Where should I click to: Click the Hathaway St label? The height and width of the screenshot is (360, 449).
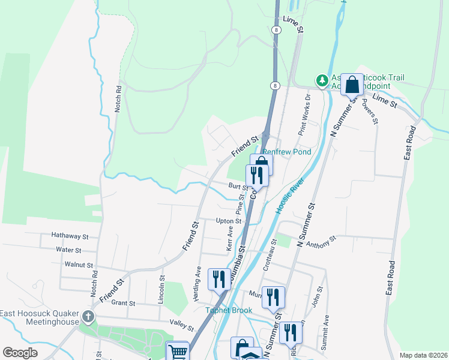(70, 236)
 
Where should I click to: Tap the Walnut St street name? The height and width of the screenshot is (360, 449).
(79, 265)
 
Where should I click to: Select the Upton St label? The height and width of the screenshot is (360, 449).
(228, 221)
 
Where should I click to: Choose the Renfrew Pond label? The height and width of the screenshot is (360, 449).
(287, 152)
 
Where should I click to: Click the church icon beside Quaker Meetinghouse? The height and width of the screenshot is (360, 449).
(89, 316)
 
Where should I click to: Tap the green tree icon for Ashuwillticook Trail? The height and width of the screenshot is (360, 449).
(322, 79)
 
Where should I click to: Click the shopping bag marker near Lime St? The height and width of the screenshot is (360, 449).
(352, 85)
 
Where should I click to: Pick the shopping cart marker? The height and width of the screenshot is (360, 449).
(177, 352)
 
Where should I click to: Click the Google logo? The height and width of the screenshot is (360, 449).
(20, 353)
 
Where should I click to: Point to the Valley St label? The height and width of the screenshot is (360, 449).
(182, 328)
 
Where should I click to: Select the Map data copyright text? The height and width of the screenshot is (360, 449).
(423, 356)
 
